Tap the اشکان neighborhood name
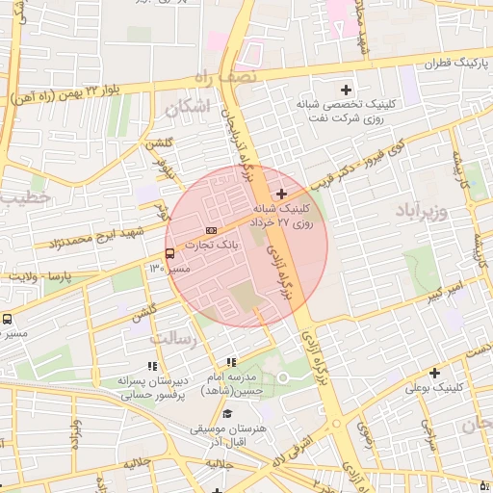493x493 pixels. click(x=187, y=108)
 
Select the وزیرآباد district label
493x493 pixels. click(x=422, y=208)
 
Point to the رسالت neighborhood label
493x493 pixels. click(x=175, y=339)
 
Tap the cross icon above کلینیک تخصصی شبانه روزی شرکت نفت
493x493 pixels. click(x=346, y=90)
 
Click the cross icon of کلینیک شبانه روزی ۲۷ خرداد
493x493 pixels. click(x=281, y=195)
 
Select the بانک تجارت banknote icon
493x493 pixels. click(x=211, y=229)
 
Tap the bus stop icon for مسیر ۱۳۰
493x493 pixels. click(x=170, y=254)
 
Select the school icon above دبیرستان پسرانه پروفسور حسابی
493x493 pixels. click(x=150, y=366)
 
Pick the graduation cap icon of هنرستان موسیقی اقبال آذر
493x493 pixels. click(x=227, y=412)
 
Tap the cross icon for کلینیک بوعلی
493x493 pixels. click(x=434, y=373)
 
